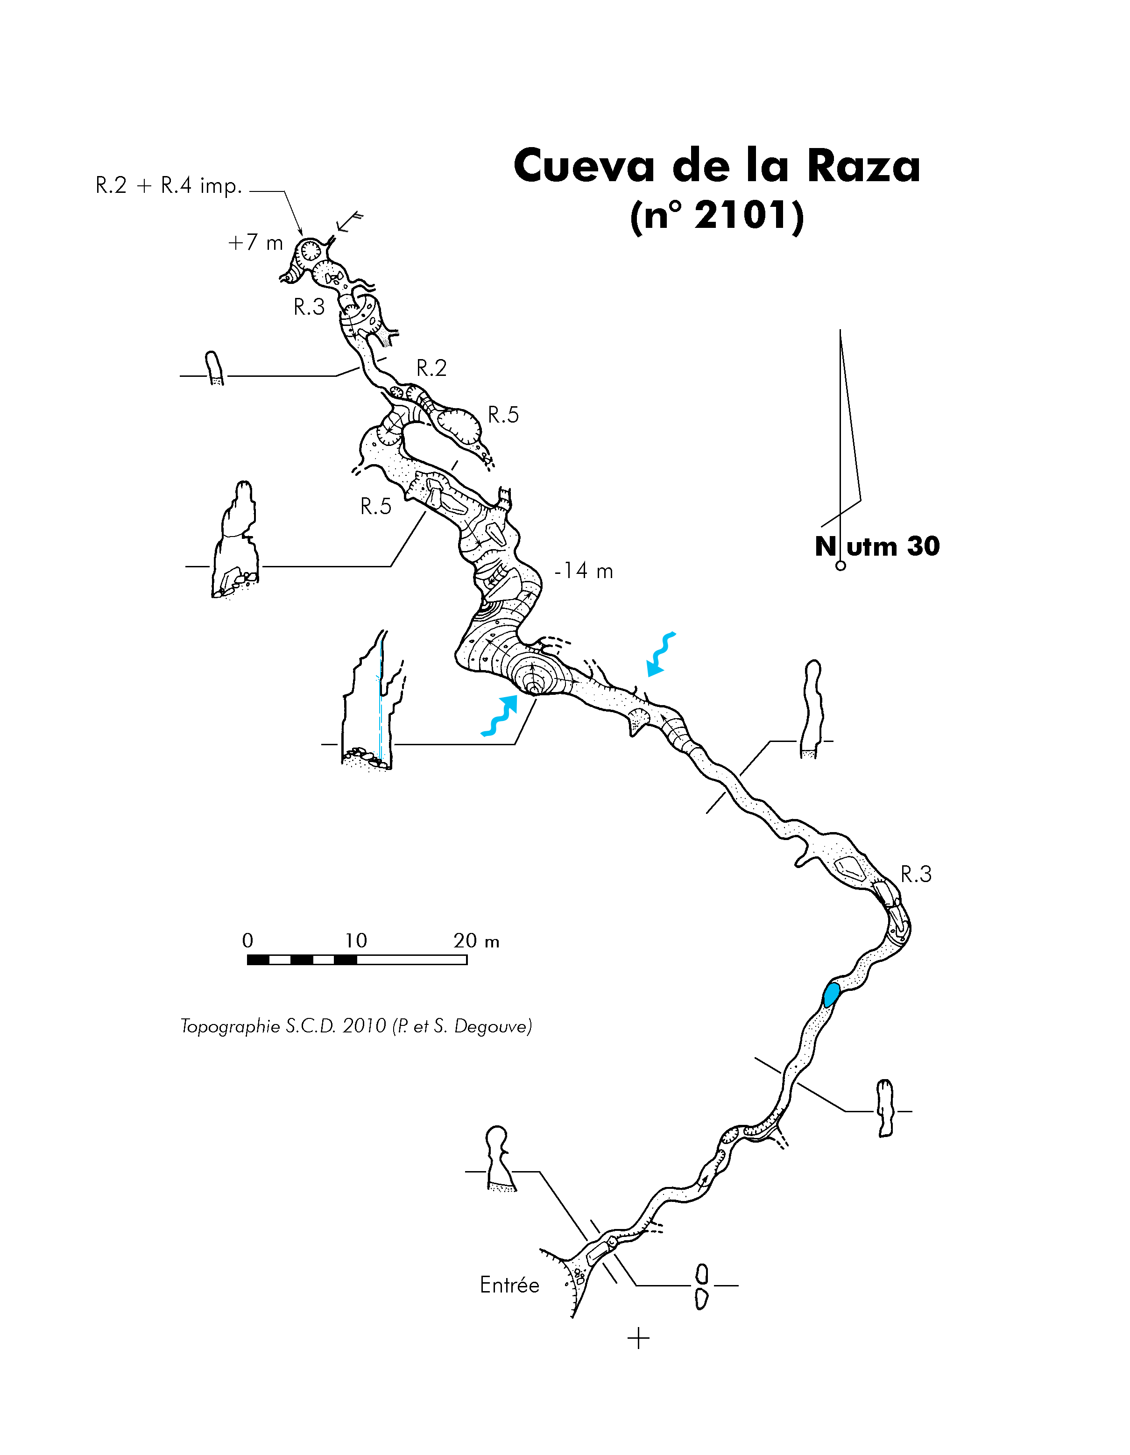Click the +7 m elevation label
tap(255, 242)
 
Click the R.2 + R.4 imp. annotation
tap(169, 185)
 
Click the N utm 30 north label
tap(877, 546)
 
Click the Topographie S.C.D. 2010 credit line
tap(356, 1025)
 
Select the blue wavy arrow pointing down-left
tap(661, 654)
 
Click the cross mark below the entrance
tap(638, 1338)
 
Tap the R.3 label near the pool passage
tap(916, 874)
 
